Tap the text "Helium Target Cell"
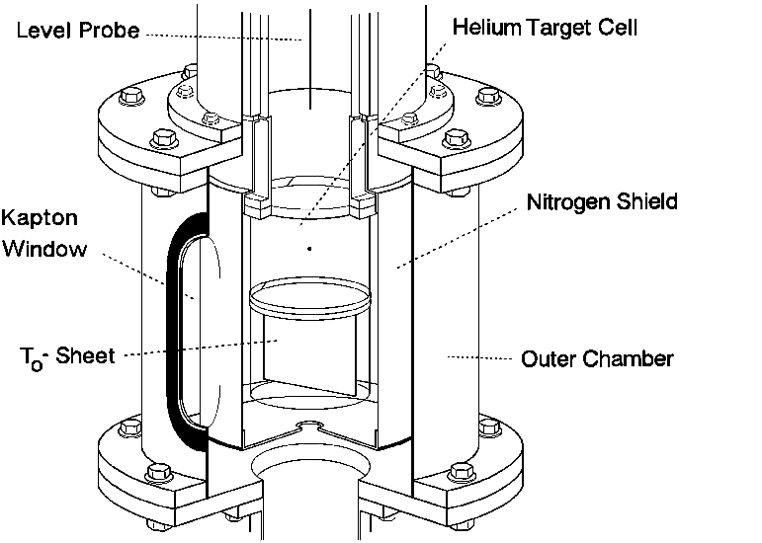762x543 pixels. click(545, 28)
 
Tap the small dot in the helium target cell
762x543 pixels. click(309, 250)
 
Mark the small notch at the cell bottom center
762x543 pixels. click(309, 427)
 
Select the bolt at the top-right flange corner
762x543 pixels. click(486, 97)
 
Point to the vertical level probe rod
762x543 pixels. click(308, 69)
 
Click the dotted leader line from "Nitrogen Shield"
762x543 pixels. click(460, 232)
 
